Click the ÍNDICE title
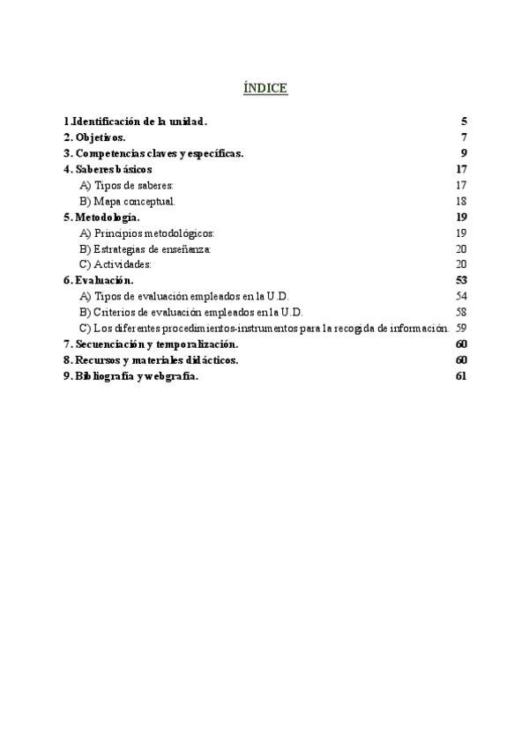coord(264,88)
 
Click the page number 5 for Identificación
coord(463,122)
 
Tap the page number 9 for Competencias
coord(463,153)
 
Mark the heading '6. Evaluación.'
coord(99,280)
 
